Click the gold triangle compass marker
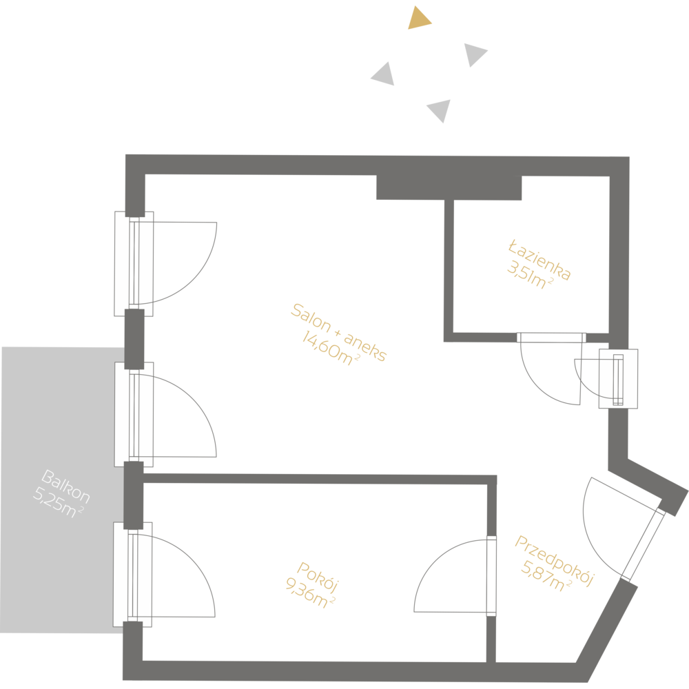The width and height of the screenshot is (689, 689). tap(418, 19)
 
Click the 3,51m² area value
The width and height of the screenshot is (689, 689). tap(530, 277)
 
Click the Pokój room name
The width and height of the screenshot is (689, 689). tap(318, 577)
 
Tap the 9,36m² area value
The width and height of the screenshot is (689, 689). tap(310, 594)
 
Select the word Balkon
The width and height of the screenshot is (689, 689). tap(65, 486)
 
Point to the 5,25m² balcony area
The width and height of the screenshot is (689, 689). tap(59, 504)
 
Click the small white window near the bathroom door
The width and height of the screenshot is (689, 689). tap(618, 379)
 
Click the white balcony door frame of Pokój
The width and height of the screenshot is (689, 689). tap(132, 573)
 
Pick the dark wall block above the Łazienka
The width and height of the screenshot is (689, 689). tap(448, 187)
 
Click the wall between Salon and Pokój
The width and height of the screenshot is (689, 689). tap(317, 477)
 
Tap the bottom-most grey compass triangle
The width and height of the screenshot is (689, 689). tap(440, 110)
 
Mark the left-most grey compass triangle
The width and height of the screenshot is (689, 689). tap(384, 74)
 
